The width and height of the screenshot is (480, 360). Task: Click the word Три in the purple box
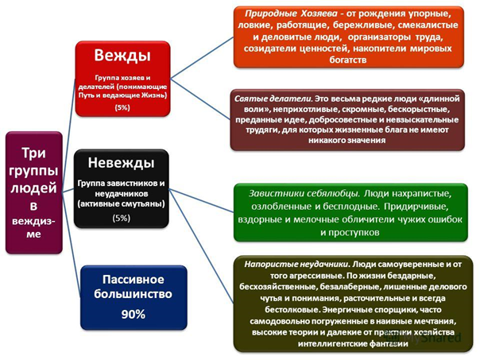(37, 151)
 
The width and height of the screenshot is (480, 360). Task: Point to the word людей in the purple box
(37, 189)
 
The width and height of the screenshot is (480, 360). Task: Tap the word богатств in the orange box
(348, 59)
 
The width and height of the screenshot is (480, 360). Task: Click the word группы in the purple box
(37, 170)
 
